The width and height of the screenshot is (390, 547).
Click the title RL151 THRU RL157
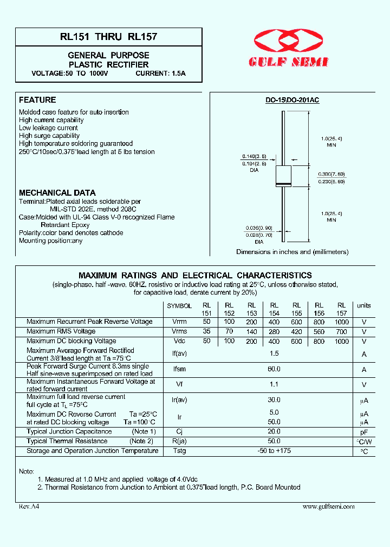point(109,37)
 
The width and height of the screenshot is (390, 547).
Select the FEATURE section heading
point(37,100)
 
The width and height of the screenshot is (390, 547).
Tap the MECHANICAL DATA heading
point(57,192)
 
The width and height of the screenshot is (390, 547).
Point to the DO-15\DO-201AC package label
point(292,101)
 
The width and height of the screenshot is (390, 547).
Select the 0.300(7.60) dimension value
point(332,175)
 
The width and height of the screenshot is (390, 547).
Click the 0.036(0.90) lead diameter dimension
point(258,228)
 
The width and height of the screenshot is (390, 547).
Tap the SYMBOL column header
point(179,306)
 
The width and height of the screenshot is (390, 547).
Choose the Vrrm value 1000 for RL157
point(341,322)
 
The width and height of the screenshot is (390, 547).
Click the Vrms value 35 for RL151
point(206,331)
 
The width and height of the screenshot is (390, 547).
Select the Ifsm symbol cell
point(179,370)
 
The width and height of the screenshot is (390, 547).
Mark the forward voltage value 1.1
point(274,385)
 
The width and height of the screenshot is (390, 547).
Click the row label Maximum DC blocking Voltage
point(71,341)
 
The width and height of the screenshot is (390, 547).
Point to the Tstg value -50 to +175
point(274,451)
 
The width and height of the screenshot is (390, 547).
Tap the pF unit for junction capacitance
point(364,432)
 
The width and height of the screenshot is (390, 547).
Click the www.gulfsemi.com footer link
point(328,506)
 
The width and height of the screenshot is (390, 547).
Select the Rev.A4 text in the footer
point(29,506)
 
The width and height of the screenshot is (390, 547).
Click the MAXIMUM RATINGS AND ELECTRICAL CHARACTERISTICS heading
point(195,275)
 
